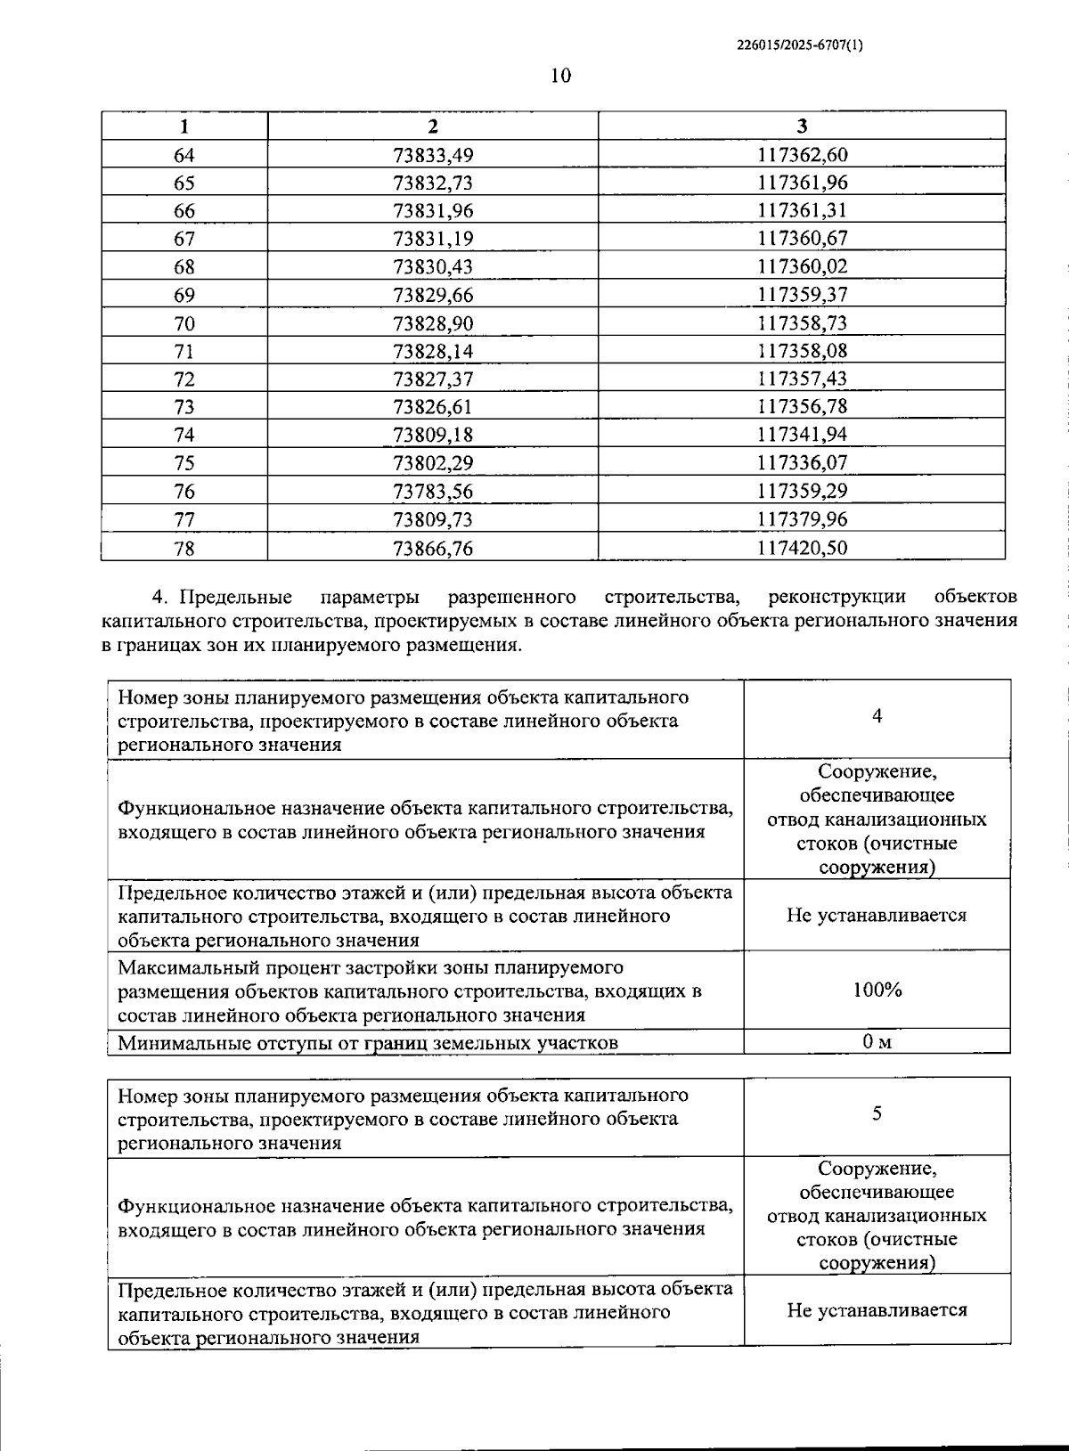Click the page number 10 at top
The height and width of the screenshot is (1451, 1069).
560,76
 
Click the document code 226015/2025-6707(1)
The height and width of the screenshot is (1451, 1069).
799,43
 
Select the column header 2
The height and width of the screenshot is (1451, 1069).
433,126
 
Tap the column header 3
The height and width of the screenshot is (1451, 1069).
802,126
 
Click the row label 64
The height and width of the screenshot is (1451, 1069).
184,155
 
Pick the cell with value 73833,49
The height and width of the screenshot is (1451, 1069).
433,155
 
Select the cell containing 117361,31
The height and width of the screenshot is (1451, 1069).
802,211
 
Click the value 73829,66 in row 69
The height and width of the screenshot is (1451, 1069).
433,295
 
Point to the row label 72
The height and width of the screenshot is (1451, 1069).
184,379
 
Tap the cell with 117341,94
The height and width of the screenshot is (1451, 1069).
802,435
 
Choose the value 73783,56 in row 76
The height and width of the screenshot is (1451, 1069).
433,491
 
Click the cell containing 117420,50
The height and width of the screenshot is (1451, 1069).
802,548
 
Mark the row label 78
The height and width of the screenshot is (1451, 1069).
184,548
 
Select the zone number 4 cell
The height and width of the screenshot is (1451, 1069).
877,717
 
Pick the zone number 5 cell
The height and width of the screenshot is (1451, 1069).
877,1113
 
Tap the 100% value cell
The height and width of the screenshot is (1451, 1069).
877,989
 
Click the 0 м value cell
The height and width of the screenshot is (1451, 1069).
877,1041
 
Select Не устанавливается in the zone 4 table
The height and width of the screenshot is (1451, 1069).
877,915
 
